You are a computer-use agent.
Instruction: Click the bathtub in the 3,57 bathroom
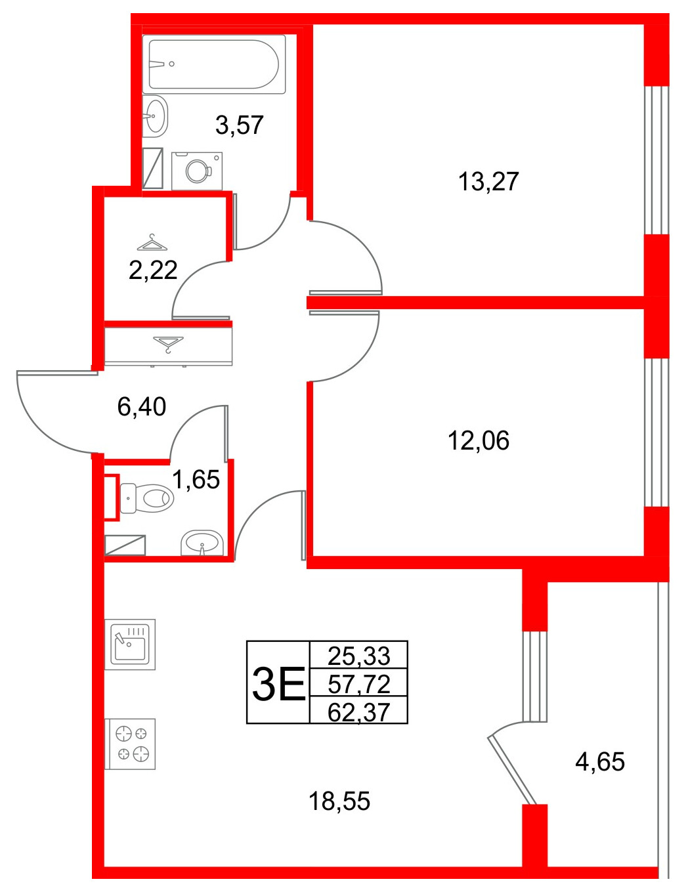214,64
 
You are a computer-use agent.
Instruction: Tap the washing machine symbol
197,171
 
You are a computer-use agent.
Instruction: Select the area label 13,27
488,181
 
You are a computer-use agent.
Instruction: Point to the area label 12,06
478,440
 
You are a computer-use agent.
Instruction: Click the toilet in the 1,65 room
148,498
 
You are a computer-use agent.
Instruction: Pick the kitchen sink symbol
130,644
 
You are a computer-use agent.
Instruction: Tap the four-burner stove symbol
130,744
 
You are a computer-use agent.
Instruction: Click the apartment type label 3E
278,683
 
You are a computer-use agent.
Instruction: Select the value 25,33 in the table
358,655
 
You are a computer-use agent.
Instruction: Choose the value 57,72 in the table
358,683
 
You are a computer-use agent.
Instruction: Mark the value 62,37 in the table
358,711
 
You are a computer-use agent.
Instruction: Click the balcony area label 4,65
599,761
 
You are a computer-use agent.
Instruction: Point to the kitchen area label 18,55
339,801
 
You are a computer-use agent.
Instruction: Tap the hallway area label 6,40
142,407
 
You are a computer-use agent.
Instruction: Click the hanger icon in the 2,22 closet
152,243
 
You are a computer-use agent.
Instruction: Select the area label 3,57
240,125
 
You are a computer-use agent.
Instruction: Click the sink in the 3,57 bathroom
156,116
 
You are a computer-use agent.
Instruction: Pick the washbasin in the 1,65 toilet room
202,543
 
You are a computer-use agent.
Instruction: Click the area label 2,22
153,270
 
